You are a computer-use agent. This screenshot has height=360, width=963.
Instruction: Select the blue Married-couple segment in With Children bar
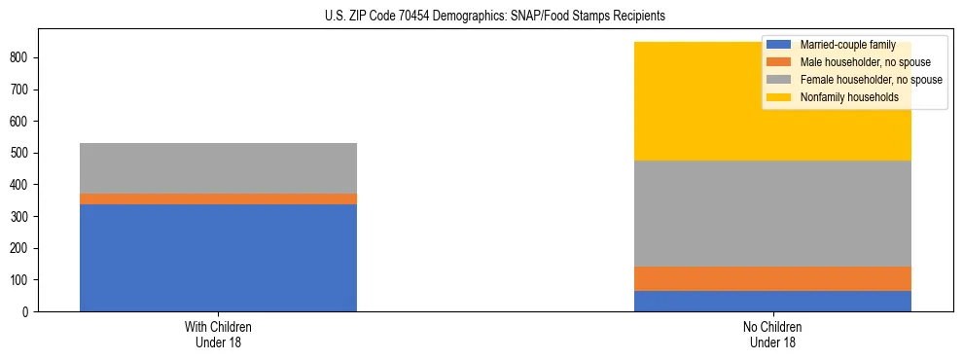[218, 258]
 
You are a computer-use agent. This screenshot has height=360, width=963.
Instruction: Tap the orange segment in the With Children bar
[218, 198]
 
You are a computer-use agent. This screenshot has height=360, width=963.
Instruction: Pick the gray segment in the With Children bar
[218, 168]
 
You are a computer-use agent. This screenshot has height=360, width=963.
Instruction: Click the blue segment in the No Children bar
[772, 301]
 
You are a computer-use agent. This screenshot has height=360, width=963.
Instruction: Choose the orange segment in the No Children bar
[772, 278]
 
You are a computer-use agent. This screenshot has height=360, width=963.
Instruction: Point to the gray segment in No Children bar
[772, 213]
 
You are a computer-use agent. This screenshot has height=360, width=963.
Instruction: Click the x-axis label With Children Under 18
[218, 334]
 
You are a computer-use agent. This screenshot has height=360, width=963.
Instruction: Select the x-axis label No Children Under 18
[772, 334]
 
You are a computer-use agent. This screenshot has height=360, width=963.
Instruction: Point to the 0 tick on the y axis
[28, 311]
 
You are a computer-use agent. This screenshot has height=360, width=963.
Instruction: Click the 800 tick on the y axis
[21, 57]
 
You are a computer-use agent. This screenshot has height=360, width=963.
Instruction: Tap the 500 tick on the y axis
[21, 153]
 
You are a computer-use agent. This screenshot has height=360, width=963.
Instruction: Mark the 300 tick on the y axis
[21, 216]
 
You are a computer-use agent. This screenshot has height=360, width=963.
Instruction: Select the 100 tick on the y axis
[21, 280]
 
